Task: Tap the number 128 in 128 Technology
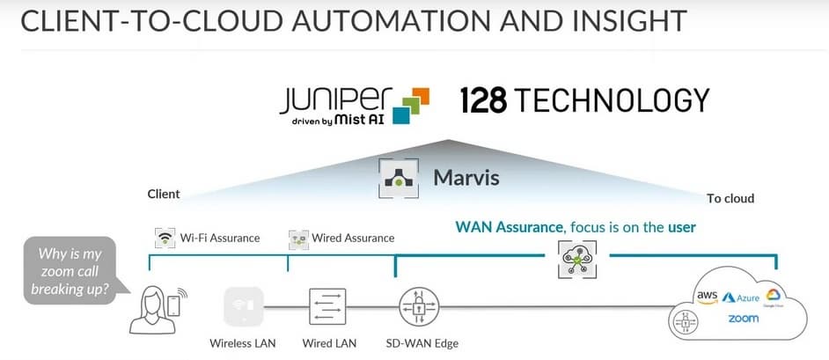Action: click(483, 100)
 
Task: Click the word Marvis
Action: click(466, 178)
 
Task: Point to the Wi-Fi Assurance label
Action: click(219, 238)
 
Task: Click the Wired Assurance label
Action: click(353, 238)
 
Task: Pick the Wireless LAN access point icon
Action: click(244, 307)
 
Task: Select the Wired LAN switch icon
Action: click(326, 307)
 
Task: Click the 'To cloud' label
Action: click(730, 198)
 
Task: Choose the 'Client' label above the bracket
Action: click(164, 194)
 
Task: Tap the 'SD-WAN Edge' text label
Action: click(422, 343)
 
